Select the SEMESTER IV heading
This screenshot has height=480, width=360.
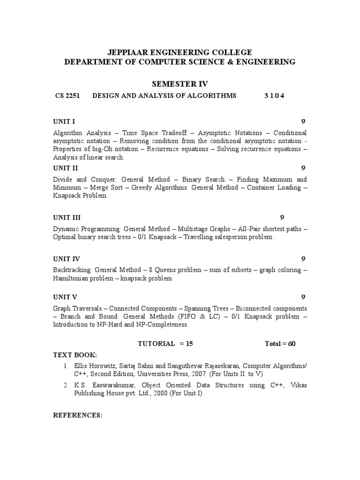[180, 84]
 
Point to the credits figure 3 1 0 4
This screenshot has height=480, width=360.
[274, 96]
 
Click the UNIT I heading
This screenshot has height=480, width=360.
[64, 121]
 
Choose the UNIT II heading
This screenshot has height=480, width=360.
[66, 168]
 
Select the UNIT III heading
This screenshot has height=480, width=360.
[67, 217]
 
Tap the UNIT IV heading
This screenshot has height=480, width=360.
[67, 259]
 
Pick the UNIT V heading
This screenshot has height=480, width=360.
[65, 297]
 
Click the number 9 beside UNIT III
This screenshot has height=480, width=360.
[282, 217]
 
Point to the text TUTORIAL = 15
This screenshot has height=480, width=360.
[165, 344]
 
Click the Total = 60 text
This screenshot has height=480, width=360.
[280, 344]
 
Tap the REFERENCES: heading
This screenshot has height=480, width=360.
[78, 415]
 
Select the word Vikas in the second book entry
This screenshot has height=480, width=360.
[299, 385]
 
